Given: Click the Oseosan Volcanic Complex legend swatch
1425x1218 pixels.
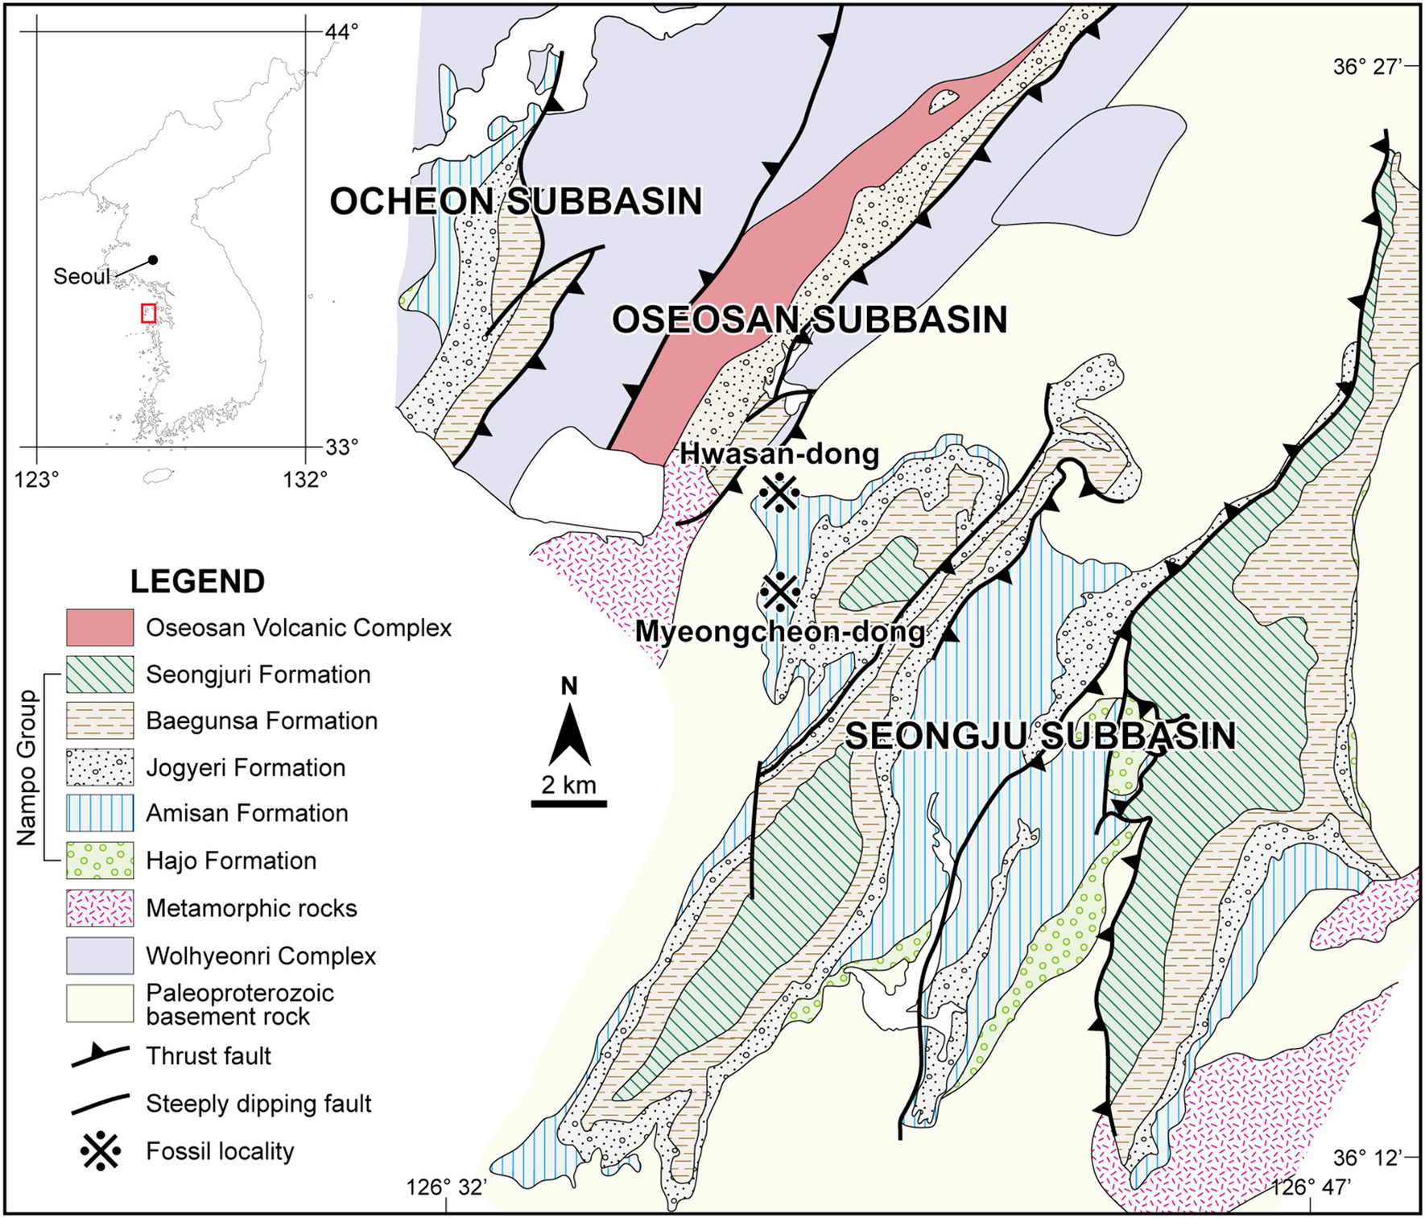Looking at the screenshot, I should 100,627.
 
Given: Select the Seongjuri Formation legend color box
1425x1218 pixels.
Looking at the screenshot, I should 100,674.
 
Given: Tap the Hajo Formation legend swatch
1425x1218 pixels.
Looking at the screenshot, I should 100,860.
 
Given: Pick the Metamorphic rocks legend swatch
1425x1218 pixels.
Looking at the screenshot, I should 100,908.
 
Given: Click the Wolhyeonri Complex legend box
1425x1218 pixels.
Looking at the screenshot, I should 100,956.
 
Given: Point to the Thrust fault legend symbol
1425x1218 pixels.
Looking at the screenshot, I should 100,1055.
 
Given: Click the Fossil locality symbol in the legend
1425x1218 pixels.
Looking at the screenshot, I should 101,1150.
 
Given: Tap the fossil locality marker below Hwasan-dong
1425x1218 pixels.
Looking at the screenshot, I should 779,493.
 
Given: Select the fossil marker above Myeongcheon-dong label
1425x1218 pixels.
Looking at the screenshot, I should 779,592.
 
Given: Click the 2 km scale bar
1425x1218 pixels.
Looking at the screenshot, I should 568,803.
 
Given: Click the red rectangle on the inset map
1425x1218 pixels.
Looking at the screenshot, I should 148,313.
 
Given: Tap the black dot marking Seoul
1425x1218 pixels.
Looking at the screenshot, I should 153,259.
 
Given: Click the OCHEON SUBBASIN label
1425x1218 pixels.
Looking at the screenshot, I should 516,201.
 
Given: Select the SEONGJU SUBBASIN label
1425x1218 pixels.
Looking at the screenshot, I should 1040,737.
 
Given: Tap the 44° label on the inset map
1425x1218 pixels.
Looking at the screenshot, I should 341,31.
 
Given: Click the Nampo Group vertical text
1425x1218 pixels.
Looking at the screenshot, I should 28,767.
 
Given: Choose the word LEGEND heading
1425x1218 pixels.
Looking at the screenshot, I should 197,581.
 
